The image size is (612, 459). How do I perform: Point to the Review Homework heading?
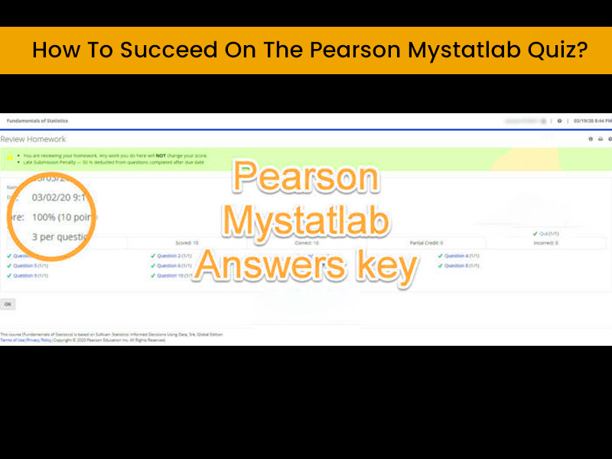(x=33, y=139)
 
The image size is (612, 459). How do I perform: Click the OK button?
(x=8, y=304)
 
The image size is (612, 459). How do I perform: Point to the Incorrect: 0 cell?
(x=545, y=243)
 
